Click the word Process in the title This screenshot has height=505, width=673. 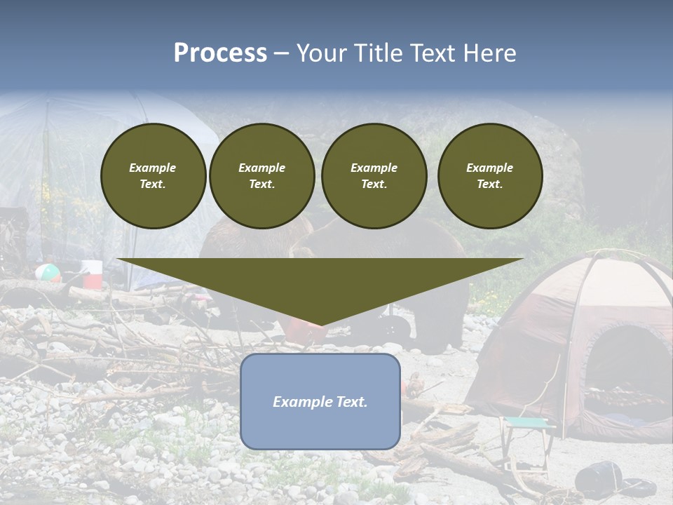pos(220,53)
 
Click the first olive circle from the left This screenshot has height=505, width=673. pos(153,176)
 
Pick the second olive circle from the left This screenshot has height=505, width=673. pos(261,176)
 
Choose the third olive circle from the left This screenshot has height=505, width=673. pos(374,176)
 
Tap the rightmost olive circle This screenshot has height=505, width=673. pos(489,176)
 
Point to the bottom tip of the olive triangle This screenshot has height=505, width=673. pos(320,324)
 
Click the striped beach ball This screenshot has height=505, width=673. pos(46,272)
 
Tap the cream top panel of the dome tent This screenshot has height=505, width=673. pos(617,281)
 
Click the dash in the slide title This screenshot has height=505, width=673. pos(281,53)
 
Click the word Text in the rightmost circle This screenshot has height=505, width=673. pos(489,184)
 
